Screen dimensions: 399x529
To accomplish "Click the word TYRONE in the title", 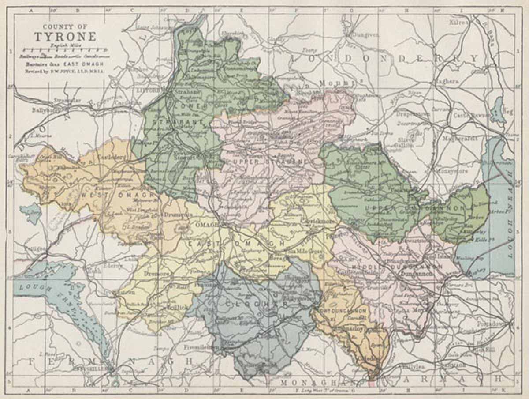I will coord(65,36).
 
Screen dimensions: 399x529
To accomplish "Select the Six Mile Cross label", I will coord(305,251).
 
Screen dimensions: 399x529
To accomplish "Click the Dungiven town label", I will coord(366,34).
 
